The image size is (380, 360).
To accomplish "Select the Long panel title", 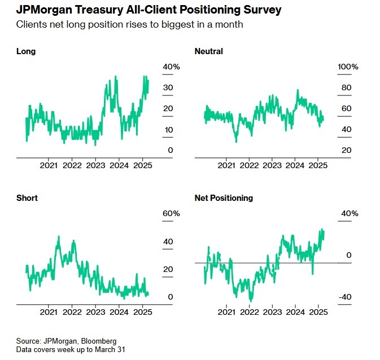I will (x=26, y=51).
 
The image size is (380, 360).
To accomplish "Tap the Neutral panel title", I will (x=208, y=51).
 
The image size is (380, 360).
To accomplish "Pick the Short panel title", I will (x=27, y=198).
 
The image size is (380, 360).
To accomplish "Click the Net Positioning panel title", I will (x=224, y=198).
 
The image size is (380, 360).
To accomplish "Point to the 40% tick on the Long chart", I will (x=172, y=67).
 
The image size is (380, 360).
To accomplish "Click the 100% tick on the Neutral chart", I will (x=348, y=67).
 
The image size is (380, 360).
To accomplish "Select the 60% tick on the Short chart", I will (x=172, y=214).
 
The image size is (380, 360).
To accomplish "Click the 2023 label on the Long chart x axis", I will (x=95, y=165).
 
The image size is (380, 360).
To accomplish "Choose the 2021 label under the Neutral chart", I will (x=226, y=165).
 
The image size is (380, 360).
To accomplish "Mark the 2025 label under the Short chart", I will (x=142, y=312).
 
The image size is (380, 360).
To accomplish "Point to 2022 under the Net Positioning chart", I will (x=250, y=312).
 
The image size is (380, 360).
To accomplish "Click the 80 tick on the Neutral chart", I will (x=346, y=88).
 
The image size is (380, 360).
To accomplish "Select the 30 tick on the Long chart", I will (x=168, y=88).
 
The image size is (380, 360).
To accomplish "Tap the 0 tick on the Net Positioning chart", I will (x=349, y=256).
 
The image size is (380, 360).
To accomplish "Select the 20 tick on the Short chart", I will (x=168, y=269).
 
